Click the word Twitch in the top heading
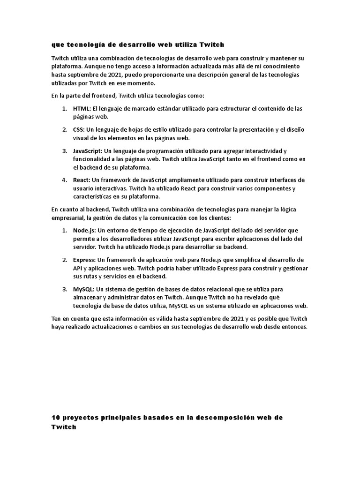pyautogui.click(x=212, y=45)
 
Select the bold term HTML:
pyautogui.click(x=82, y=109)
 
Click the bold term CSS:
pyautogui.click(x=79, y=130)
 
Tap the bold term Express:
pyautogui.click(x=84, y=260)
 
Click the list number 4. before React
pyautogui.click(x=64, y=180)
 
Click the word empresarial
pyautogui.click(x=69, y=218)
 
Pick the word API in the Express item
pyautogui.click(x=78, y=268)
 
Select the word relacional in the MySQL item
pyautogui.click(x=219, y=289)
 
